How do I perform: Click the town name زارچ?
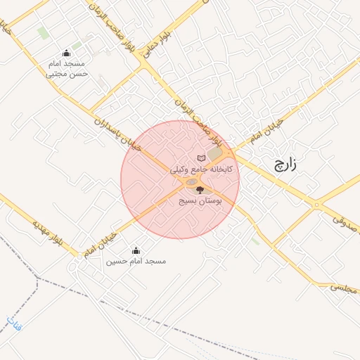(x=284, y=166)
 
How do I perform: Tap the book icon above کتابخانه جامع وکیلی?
(x=202, y=157)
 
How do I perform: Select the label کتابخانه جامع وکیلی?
(x=202, y=169)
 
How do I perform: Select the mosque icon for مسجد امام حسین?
(x=136, y=250)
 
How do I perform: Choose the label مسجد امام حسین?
(x=136, y=262)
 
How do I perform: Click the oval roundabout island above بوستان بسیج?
(x=192, y=183)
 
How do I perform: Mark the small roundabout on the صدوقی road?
(x=316, y=205)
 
